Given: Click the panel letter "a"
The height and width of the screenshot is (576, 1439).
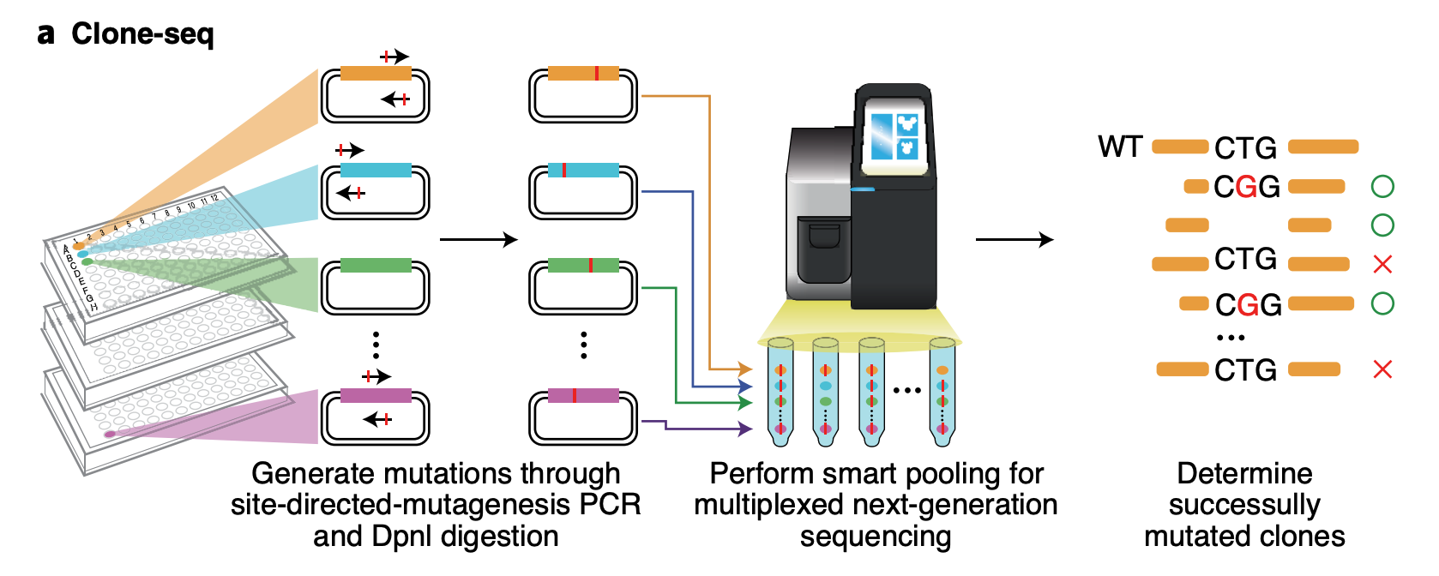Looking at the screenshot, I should (46, 34).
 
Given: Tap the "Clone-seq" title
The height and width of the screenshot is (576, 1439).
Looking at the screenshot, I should (142, 33).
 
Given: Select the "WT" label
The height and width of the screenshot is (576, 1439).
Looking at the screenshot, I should (1120, 147).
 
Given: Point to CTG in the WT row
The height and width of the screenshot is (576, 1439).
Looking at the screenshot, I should (1245, 148).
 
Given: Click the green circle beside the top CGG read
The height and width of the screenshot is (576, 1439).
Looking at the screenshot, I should (1382, 186).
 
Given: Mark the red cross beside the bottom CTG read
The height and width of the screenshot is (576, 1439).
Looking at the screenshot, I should (1382, 369).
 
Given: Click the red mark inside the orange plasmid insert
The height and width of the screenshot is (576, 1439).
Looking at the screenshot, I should (597, 74).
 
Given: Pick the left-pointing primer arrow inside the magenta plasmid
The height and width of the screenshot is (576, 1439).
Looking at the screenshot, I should (376, 419).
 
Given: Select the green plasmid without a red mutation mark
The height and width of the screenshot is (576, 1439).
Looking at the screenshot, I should (376, 286).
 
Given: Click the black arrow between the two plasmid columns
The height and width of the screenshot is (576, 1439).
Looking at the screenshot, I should (479, 239).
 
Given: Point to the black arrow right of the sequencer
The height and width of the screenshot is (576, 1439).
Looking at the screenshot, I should (1015, 239).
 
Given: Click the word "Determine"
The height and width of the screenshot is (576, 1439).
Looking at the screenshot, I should (1244, 473).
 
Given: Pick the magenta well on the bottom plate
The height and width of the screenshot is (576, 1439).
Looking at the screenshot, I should (110, 435).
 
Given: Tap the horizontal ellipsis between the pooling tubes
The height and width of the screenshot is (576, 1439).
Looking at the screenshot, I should (906, 390).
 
